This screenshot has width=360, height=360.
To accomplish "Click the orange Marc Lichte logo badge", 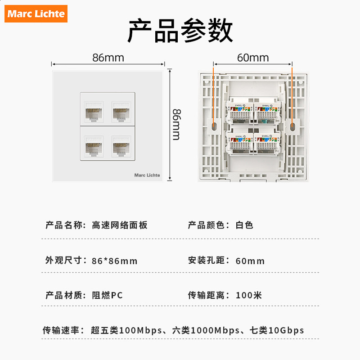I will click(36, 13).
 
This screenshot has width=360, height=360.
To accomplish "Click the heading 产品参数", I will click(180, 31).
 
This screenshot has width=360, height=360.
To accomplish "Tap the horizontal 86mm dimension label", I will click(108, 58).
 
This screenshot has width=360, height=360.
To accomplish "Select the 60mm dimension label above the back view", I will click(252, 58).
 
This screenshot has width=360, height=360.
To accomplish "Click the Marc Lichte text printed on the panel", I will click(147, 175).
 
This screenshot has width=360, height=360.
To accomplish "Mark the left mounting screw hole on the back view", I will click(213, 126).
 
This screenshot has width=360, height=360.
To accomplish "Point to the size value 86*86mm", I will click(114, 261).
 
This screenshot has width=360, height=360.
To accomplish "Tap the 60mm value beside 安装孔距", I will click(250, 261).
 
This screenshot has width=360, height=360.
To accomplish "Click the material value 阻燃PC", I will click(107, 296).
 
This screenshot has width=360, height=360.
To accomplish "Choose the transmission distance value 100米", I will click(249, 296).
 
